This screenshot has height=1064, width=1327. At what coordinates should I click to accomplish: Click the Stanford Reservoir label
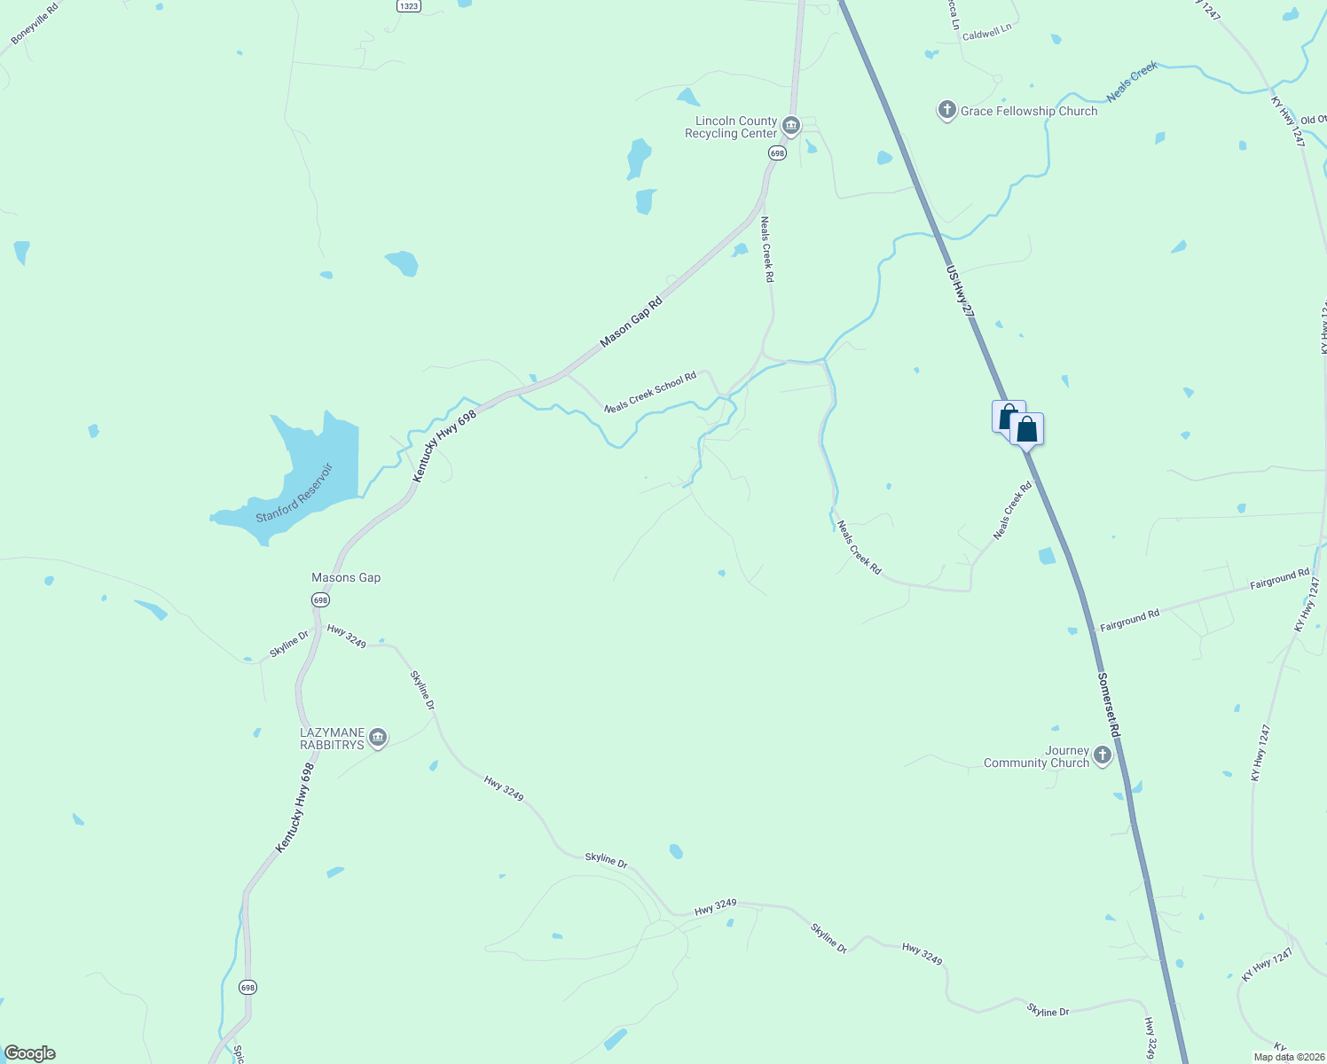294,493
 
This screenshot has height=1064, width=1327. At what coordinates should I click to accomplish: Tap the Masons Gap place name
346,577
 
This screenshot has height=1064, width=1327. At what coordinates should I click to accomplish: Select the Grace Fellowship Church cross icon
947,110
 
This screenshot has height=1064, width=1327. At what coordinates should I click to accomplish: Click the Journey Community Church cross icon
1102,755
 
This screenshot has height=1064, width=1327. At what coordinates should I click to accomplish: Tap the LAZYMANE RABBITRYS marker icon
378,738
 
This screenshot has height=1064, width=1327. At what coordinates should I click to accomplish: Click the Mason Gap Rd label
631,322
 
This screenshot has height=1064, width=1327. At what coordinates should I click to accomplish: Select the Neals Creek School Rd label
650,393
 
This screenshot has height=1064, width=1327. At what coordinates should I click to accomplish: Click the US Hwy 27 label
960,292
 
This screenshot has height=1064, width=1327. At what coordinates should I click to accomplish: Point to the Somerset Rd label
1109,705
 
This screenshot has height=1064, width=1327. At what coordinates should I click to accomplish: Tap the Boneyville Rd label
35,24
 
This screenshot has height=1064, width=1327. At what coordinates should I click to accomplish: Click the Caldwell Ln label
986,33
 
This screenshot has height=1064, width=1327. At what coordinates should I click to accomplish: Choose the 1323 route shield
408,5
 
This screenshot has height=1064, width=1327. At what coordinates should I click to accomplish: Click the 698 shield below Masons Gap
320,600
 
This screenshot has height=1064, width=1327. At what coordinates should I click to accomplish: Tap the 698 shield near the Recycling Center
777,153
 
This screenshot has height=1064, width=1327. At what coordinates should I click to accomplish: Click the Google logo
29,1053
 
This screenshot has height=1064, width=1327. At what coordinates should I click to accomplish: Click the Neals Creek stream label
1132,81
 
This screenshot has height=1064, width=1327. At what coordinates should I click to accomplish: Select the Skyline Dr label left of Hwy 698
289,645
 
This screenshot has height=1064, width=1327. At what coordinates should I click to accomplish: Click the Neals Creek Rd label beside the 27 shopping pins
1013,510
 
